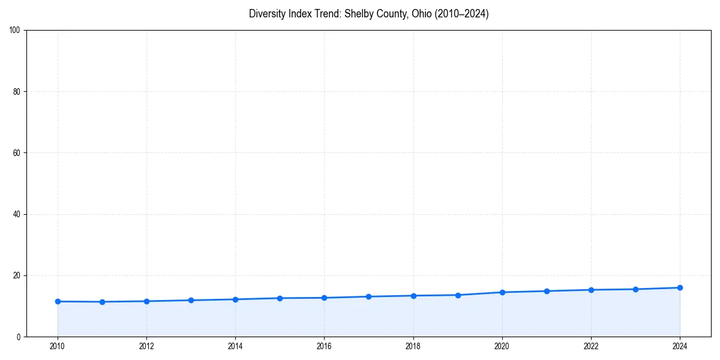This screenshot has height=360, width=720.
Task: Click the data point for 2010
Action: [58, 301]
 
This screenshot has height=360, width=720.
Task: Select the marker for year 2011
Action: [102, 302]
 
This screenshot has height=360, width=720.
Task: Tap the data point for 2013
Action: [191, 300]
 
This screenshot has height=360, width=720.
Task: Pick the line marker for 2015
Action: [280, 298]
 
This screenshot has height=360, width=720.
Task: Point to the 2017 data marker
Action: [368, 296]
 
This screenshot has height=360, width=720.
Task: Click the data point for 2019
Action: [458, 295]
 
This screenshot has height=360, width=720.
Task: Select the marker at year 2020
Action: [502, 292]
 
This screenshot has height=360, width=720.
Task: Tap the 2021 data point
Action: [547, 291]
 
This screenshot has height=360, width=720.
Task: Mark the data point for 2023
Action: [635, 289]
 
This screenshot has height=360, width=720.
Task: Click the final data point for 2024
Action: [680, 287]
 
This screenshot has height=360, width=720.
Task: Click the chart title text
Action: [368, 14]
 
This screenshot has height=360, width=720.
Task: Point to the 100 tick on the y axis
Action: [15, 30]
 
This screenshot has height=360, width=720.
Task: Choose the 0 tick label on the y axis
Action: [19, 337]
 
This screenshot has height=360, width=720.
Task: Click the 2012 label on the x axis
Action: [146, 346]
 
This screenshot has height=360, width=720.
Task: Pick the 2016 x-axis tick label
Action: [324, 346]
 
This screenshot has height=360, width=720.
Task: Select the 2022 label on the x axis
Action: [591, 346]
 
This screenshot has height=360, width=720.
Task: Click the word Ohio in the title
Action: [421, 14]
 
